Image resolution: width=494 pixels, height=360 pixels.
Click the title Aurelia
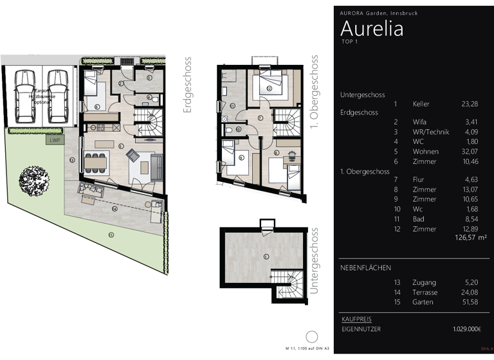(x=372, y=28)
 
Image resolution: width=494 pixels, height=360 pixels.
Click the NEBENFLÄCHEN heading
(x=365, y=267)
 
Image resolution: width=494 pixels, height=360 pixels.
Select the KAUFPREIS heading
(x=356, y=319)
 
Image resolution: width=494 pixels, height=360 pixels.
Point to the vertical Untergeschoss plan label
(x=314, y=265)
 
